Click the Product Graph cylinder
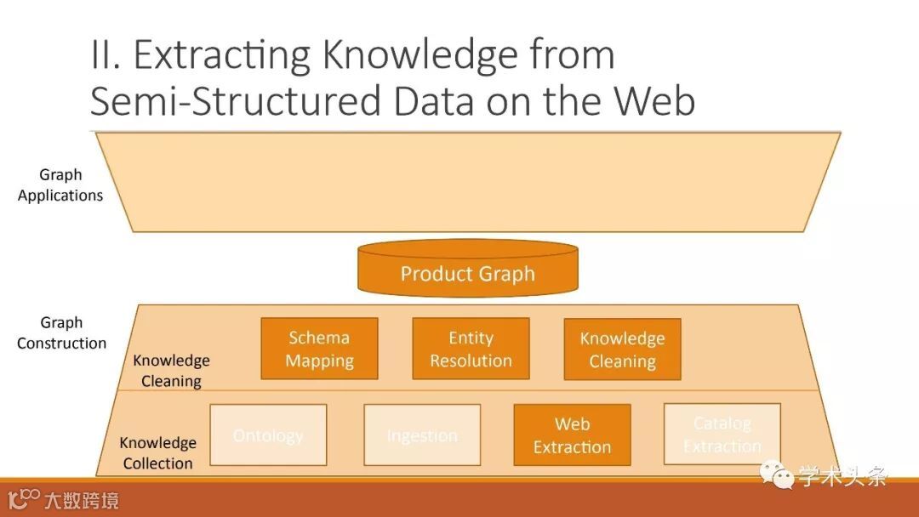coord(468,270)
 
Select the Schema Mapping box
coord(319,349)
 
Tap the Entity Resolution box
coord(471,349)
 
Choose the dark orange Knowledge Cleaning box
coord(622,349)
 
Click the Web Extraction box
coord(572,435)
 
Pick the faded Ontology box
coord(268,435)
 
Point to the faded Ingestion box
coord(422,435)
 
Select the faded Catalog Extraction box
coord(722,434)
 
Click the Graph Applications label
coord(60,185)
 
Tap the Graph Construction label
coord(61,332)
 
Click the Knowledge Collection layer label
coord(157,453)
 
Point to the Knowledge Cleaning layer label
coord(171,371)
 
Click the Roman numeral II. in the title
coord(106,56)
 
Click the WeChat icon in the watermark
coord(778,475)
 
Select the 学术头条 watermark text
coord(842,476)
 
